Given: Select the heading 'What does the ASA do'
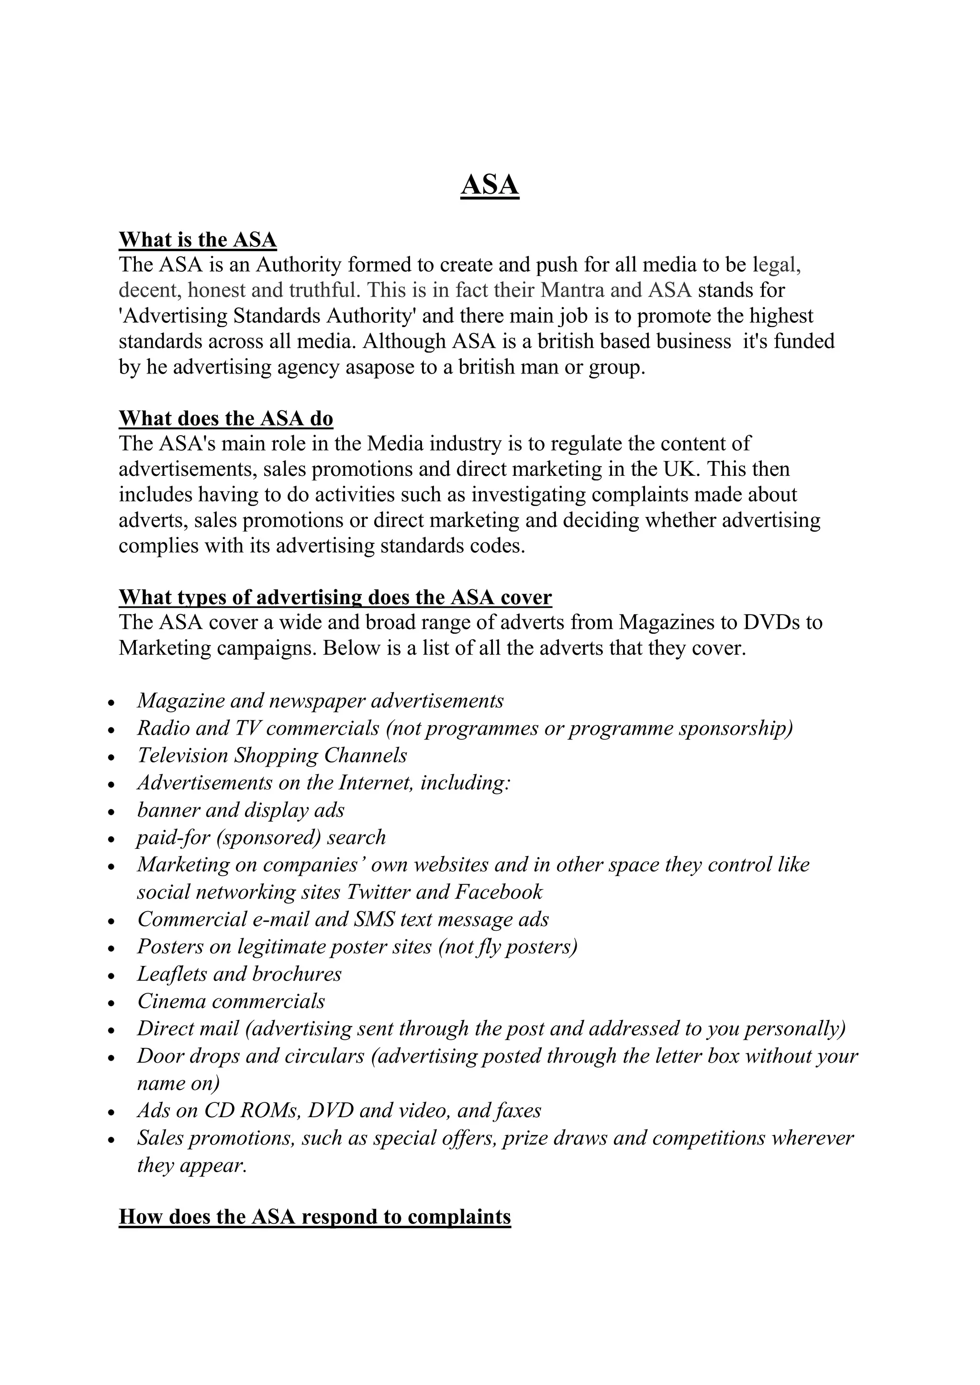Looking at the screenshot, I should [x=226, y=418].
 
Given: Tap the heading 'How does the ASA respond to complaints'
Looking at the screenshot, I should [x=314, y=1216].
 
